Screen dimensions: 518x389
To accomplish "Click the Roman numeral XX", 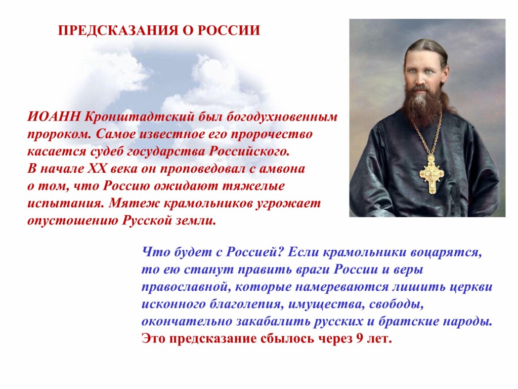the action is point(97,169).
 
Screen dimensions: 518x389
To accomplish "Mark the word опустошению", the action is point(72,221).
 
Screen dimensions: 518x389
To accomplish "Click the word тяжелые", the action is point(253,186).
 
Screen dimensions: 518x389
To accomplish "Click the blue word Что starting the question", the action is point(155,252).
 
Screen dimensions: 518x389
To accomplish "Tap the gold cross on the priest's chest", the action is point(431,174).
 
